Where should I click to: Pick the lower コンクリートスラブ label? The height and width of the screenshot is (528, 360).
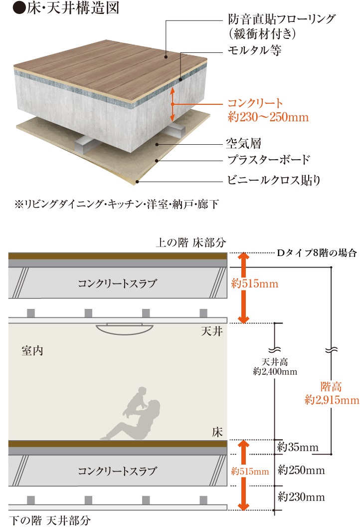(x=117, y=470)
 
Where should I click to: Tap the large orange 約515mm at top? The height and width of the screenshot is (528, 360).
(x=255, y=284)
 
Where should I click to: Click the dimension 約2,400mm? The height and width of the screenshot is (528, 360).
(x=275, y=371)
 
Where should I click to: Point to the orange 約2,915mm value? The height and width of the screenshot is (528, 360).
(x=332, y=400)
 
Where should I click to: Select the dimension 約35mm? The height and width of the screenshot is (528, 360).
(x=298, y=447)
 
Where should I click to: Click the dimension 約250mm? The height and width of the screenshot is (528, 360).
(x=301, y=470)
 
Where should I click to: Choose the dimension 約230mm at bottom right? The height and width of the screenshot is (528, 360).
(x=301, y=497)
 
